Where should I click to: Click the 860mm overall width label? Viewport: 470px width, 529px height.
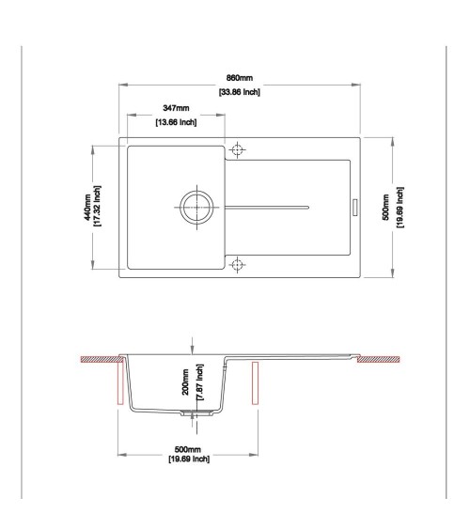239,78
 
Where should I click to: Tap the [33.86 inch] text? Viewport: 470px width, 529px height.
240,92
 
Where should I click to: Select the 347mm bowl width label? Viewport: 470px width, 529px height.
176,108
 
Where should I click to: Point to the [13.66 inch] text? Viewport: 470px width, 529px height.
176,122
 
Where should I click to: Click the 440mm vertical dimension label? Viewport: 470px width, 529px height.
87,207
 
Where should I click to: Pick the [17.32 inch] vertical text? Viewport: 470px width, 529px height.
97,206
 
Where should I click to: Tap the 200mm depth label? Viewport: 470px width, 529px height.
185,382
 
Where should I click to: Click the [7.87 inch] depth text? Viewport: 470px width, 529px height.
199,382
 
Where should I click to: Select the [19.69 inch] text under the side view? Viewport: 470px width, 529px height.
189,459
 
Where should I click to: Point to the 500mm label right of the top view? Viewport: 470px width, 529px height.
385,207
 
